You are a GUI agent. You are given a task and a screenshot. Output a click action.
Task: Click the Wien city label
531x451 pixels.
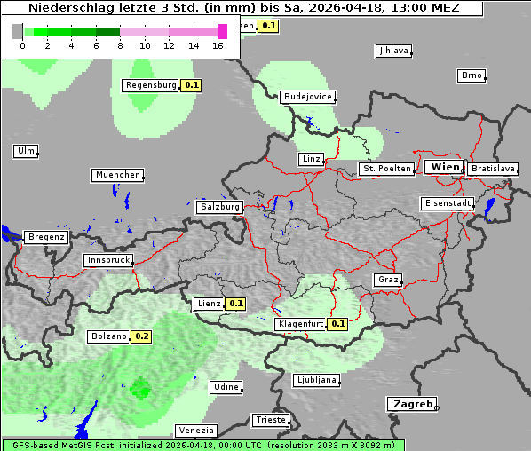coord(445,167)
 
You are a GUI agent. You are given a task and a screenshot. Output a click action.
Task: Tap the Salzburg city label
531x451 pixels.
coord(220,207)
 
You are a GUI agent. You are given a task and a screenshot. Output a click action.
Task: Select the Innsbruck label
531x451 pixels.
coord(107,260)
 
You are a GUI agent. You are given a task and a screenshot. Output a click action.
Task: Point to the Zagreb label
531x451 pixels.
coord(411,404)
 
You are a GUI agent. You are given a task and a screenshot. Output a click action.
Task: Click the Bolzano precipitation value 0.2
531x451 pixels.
coord(142,337)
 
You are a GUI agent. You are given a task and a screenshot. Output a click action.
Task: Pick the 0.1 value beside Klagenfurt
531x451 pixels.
coord(337,324)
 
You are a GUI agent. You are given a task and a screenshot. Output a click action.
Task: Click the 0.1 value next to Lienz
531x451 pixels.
coord(236,304)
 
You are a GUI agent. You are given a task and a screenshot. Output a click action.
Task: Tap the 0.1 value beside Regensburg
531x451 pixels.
coord(191,86)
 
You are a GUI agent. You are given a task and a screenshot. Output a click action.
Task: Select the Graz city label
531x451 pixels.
coord(388,280)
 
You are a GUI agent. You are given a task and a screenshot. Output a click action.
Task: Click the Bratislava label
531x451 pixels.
coord(493,168)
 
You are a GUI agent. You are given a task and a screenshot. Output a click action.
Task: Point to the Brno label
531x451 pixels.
coord(472,75)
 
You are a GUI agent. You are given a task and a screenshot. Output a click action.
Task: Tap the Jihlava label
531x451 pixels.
coord(393,51)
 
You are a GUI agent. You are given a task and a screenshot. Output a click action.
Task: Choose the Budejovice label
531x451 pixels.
coord(307,96)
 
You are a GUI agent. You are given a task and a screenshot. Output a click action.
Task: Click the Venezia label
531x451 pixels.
coord(195,431)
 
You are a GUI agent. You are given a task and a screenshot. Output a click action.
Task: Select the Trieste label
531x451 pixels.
coord(271,420)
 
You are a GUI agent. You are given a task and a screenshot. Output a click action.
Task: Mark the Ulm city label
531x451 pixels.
coord(26,151)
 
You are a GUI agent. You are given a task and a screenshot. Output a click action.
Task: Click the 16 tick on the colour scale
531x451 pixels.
coord(218,44)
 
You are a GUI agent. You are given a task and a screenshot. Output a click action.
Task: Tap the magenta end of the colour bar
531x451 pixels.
coord(222,31)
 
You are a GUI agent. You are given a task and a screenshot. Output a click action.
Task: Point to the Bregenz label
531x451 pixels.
coord(46,237)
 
